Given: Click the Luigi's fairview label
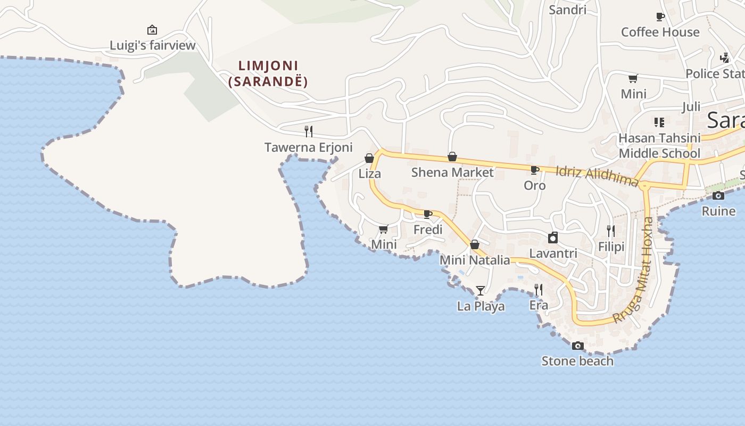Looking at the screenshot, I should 153,45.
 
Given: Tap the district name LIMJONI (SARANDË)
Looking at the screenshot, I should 268,73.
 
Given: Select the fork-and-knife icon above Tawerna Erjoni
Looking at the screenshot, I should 308,131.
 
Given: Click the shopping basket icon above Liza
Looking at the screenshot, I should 369,158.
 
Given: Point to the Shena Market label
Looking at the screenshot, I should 452,173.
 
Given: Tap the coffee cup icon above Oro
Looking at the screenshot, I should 534,170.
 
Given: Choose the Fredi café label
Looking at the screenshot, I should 428,230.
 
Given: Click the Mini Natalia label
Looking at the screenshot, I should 475,260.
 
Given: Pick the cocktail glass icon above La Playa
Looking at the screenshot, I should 481,290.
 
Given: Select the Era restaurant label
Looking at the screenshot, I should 539,305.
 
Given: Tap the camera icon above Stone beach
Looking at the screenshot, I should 577,346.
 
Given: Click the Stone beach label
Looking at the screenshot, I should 577,361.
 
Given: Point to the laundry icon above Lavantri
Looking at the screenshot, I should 553,237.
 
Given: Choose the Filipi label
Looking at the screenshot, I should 611,247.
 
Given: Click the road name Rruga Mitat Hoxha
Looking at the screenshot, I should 635,270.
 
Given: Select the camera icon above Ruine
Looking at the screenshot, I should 718,196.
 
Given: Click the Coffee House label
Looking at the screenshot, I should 660,32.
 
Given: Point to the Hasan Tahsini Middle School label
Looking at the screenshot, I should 659,146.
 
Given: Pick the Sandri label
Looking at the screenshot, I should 567,10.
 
